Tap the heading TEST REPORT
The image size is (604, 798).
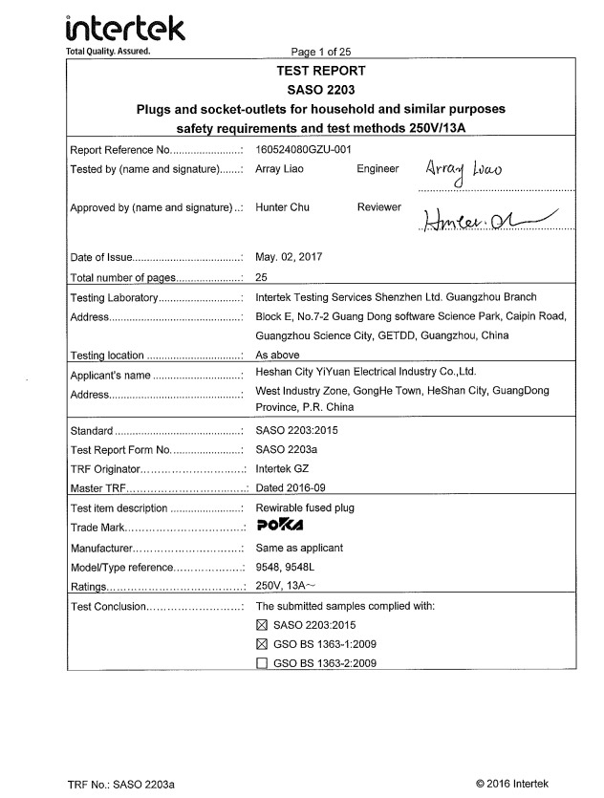(x=321, y=70)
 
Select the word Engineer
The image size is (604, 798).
(x=377, y=169)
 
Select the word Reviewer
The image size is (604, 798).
(x=379, y=207)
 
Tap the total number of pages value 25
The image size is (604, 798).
(x=263, y=277)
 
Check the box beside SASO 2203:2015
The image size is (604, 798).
(x=262, y=625)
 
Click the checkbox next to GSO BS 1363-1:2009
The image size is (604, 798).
(x=262, y=644)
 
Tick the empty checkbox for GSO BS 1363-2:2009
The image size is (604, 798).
(x=262, y=663)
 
